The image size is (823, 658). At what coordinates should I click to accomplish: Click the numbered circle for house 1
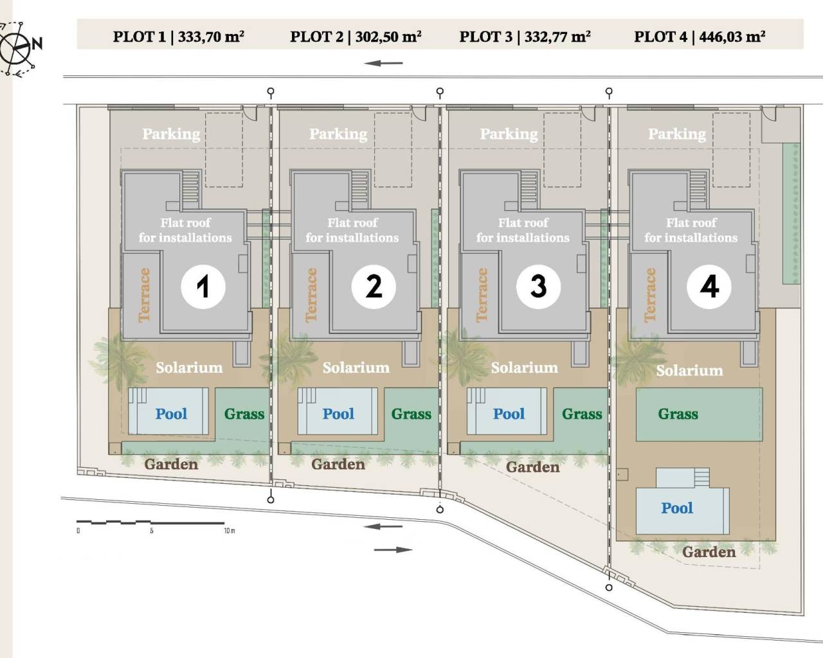tap(203, 287)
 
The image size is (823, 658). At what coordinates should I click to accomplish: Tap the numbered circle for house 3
tap(538, 287)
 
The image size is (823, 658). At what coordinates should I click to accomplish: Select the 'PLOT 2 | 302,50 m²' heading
tap(356, 37)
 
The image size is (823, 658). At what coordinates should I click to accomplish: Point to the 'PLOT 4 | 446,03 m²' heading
tap(700, 37)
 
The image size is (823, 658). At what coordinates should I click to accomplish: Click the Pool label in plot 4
tap(677, 508)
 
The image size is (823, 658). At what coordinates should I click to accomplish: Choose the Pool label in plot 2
tap(338, 414)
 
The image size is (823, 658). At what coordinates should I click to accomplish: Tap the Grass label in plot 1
tap(244, 414)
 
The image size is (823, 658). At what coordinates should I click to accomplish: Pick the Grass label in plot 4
tap(678, 414)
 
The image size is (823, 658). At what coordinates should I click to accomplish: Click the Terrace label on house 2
tap(311, 295)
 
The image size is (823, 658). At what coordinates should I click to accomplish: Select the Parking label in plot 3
tap(509, 134)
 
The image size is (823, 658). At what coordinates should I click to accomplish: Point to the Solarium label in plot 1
tap(189, 368)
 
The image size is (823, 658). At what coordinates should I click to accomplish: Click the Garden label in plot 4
tap(709, 552)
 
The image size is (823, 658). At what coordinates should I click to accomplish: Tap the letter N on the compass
tap(37, 44)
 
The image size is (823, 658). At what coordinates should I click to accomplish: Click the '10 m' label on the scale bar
tap(230, 531)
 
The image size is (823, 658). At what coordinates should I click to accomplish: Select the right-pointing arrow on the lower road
tap(393, 550)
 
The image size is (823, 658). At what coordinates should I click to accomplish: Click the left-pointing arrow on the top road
tap(383, 63)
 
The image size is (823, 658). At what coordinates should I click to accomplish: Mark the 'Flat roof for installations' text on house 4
tap(691, 230)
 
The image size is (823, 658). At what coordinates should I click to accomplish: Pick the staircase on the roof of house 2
tap(359, 190)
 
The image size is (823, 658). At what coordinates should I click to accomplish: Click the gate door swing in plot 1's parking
tap(250, 114)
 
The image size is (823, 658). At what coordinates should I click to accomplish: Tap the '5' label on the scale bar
tap(152, 531)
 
